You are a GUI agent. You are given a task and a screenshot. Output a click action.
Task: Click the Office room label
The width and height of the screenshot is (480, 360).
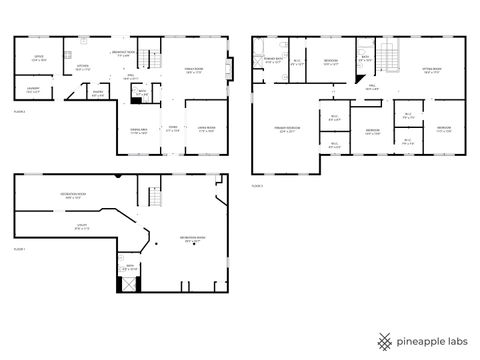coord(39,58)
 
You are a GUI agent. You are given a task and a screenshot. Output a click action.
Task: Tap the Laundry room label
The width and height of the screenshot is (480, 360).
coord(33,90)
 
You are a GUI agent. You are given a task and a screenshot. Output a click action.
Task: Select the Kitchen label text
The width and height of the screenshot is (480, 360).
coord(85,69)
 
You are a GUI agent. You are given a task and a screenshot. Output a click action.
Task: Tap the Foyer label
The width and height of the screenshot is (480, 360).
coord(172,130)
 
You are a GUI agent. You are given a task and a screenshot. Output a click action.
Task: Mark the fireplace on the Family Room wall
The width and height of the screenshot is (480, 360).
coord(232,68)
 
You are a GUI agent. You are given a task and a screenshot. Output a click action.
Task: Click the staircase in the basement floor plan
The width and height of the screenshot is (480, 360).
coord(153,197)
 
